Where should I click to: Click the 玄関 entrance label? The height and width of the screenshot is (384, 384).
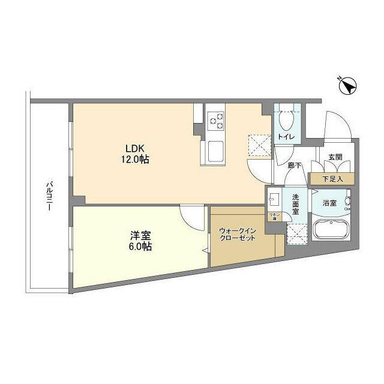tap(335, 158)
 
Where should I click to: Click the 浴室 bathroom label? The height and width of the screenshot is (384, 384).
tap(330, 203)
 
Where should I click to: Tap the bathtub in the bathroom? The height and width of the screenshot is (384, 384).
tap(332, 231)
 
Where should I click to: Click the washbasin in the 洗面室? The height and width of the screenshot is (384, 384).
tap(276, 197)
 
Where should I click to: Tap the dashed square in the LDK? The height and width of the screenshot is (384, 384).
tap(259, 144)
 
